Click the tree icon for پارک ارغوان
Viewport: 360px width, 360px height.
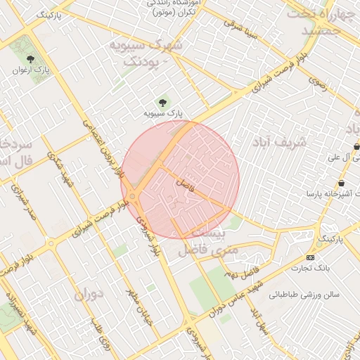coord(30,59)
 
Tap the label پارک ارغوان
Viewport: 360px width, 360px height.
coord(30,70)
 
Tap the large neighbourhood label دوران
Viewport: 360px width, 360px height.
coord(88,295)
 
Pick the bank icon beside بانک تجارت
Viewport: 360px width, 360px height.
coord(311,257)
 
